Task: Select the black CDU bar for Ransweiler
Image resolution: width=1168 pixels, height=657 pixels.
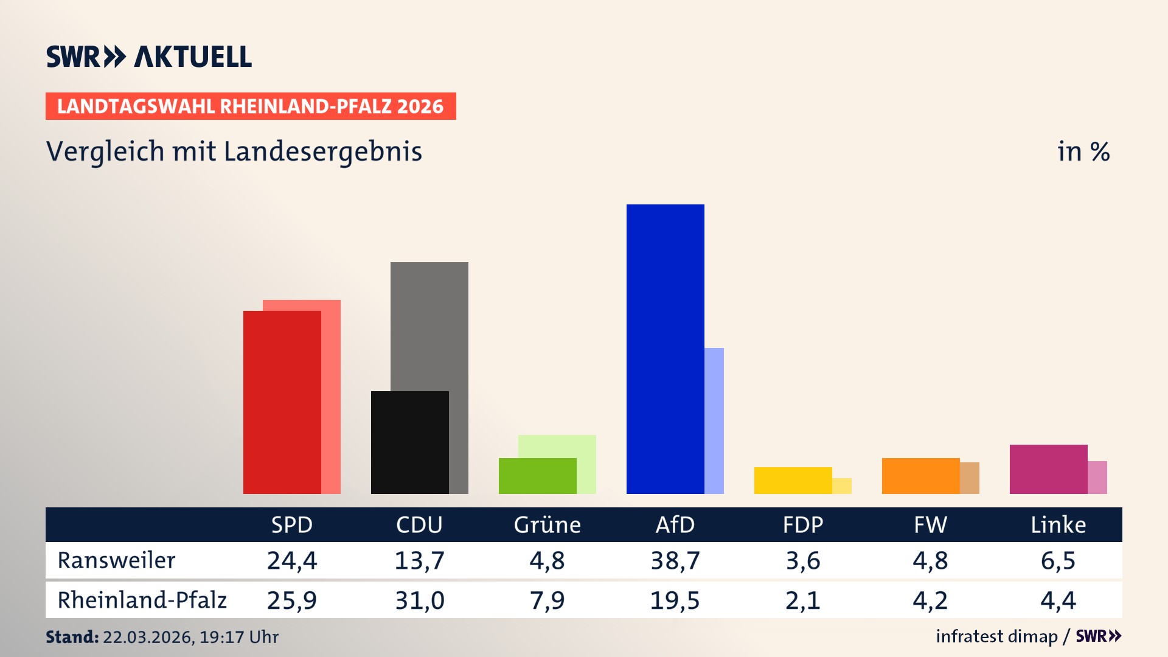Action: coord(409,442)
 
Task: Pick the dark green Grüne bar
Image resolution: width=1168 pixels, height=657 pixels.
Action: coord(537,476)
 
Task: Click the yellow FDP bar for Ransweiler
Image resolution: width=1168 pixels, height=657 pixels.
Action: coord(793,480)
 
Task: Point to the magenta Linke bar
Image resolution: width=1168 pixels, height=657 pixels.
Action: coord(1048,469)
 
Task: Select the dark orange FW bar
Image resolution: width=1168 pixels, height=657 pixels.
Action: coord(920,476)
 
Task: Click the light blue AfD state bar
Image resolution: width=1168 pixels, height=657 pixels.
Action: coord(714,420)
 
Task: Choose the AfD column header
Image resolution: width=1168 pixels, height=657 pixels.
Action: coord(675,524)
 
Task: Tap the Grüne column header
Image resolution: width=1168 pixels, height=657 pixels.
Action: coord(547,524)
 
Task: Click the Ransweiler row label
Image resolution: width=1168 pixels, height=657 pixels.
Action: coord(116,560)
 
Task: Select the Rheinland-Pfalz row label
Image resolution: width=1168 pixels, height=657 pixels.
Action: coord(142,600)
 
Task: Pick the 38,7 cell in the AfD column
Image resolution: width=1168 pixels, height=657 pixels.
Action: coord(675,560)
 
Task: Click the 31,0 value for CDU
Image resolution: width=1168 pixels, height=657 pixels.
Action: coord(419,600)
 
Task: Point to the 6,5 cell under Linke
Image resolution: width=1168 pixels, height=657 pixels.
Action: coord(1058,560)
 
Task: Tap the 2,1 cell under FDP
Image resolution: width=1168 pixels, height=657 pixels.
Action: coord(802,600)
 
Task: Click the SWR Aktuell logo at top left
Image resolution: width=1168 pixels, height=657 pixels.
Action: coord(149,57)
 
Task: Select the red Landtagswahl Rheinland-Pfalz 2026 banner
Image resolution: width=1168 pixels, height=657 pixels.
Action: coord(251,106)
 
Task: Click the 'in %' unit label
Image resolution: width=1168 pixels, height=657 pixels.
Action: coord(1083,151)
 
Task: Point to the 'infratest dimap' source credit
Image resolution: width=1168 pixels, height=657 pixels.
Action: coord(996,636)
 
